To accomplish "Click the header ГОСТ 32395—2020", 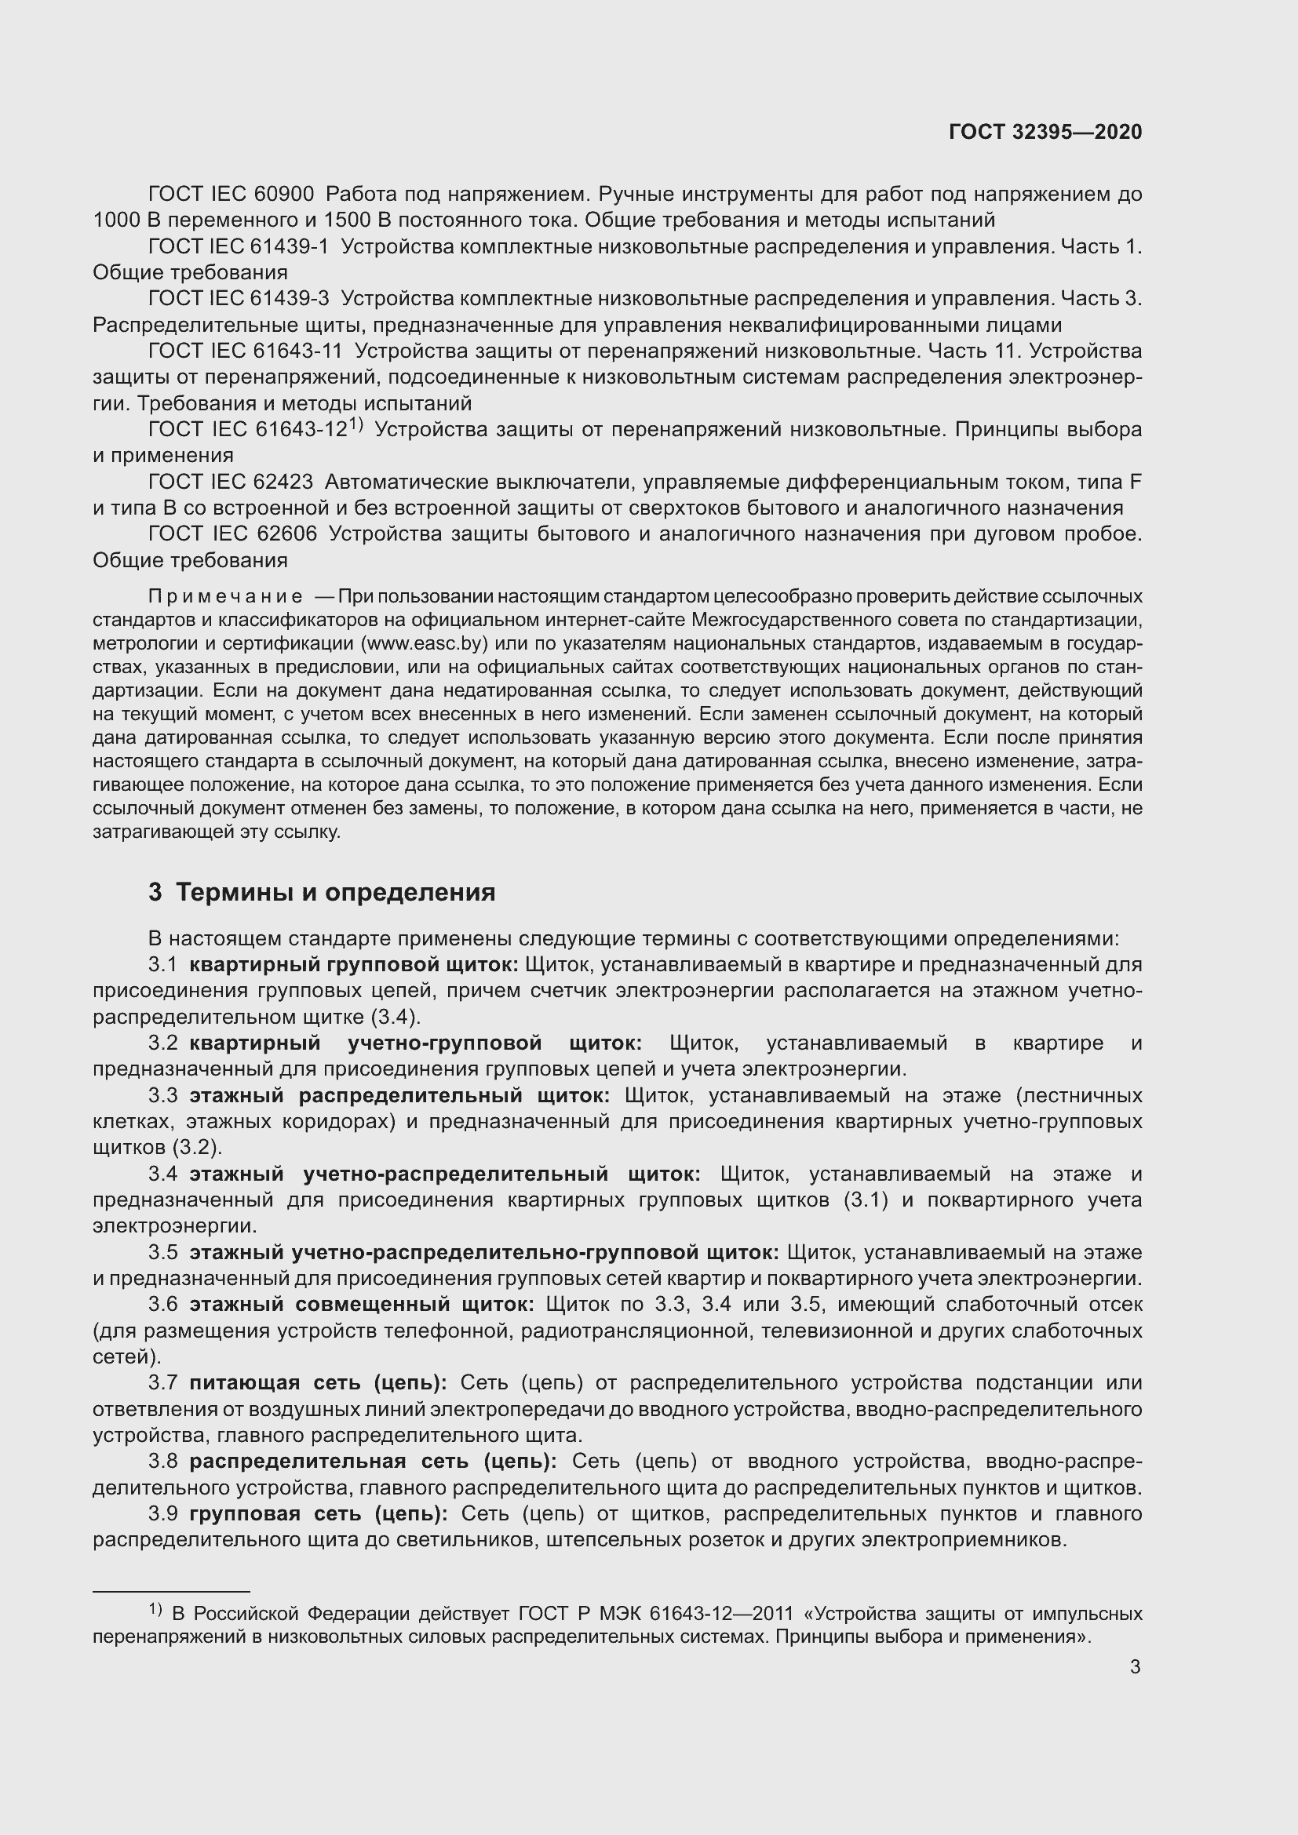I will [1045, 132].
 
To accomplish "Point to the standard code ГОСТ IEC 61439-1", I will [239, 247].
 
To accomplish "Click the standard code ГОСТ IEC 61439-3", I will [239, 299].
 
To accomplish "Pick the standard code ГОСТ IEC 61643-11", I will [246, 351].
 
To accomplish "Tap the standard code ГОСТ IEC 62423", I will [231, 482].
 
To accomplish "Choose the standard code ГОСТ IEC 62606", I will [232, 534].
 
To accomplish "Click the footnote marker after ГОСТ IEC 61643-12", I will [356, 425].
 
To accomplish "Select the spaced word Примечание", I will [225, 597].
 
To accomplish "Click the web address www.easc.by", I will [425, 643].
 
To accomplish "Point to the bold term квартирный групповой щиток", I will [354, 965].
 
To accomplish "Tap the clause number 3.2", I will [162, 1043].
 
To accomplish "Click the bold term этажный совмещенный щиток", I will [361, 1305].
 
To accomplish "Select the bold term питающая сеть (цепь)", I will [318, 1382].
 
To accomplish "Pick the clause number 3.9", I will [162, 1513].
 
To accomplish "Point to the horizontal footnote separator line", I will [171, 1591].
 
